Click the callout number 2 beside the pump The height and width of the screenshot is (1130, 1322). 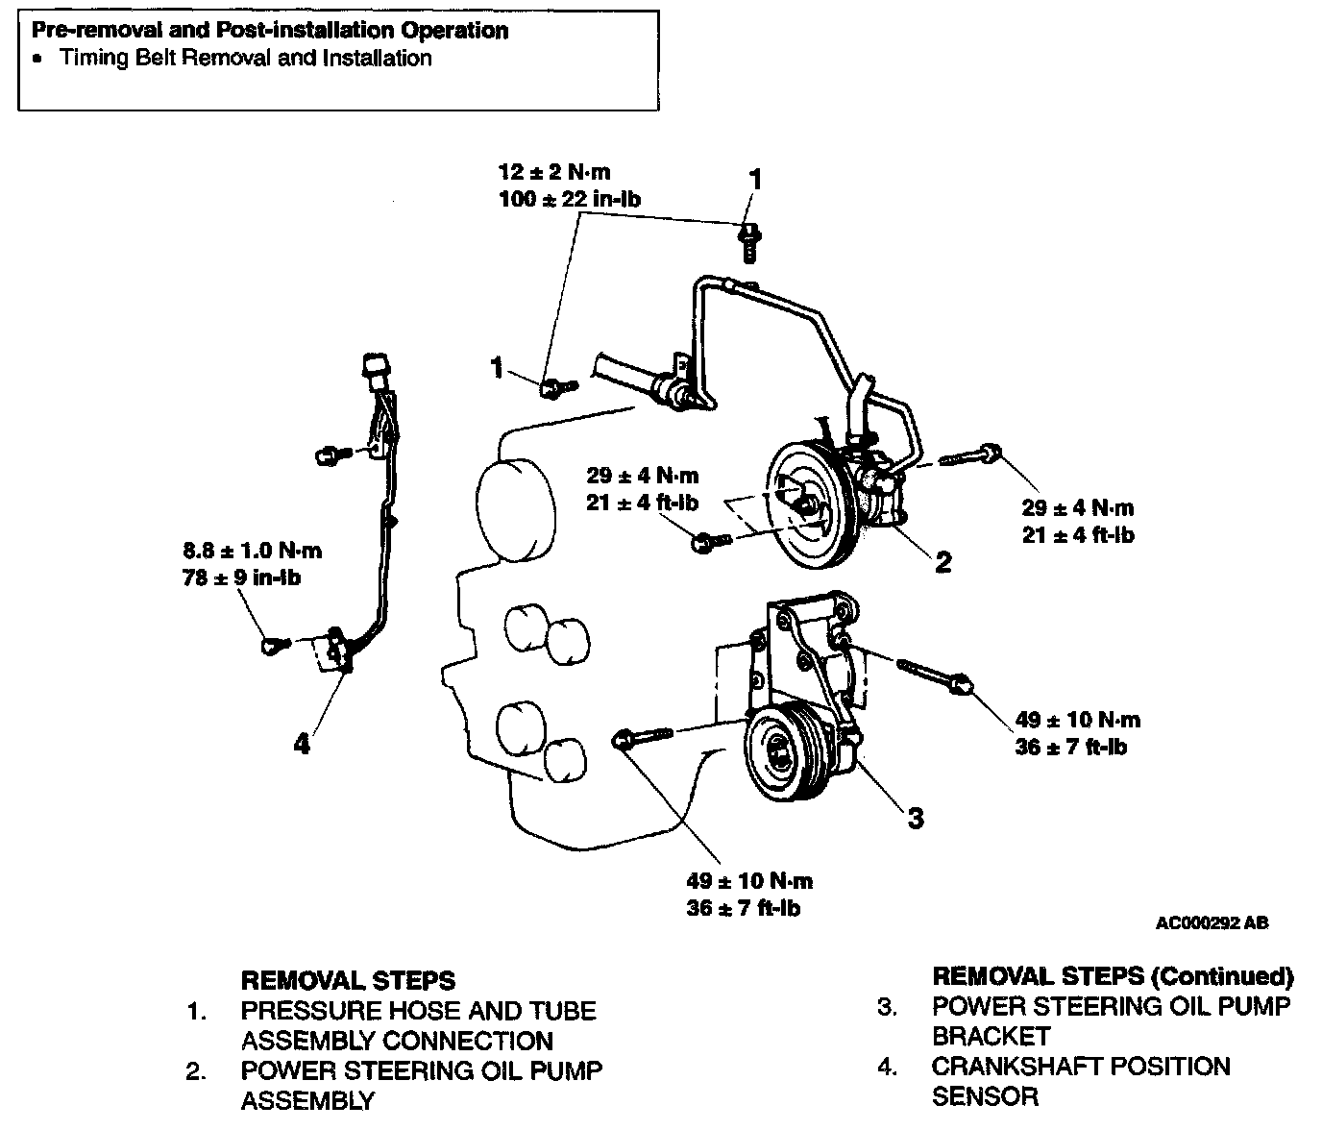tap(943, 562)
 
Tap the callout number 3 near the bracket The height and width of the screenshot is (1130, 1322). tap(916, 818)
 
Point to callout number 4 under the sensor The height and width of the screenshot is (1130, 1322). tap(302, 743)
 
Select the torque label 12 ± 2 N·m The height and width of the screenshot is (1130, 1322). tap(554, 173)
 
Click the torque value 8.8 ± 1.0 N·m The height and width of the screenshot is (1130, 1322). tap(253, 552)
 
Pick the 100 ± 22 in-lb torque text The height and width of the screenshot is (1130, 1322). tap(571, 200)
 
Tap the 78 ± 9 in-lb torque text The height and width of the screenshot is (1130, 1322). tap(241, 578)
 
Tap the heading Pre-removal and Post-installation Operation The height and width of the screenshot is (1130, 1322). tap(270, 31)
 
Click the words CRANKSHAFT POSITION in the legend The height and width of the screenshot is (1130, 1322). tap(1080, 1067)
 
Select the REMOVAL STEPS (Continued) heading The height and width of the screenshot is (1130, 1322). tap(1113, 977)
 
